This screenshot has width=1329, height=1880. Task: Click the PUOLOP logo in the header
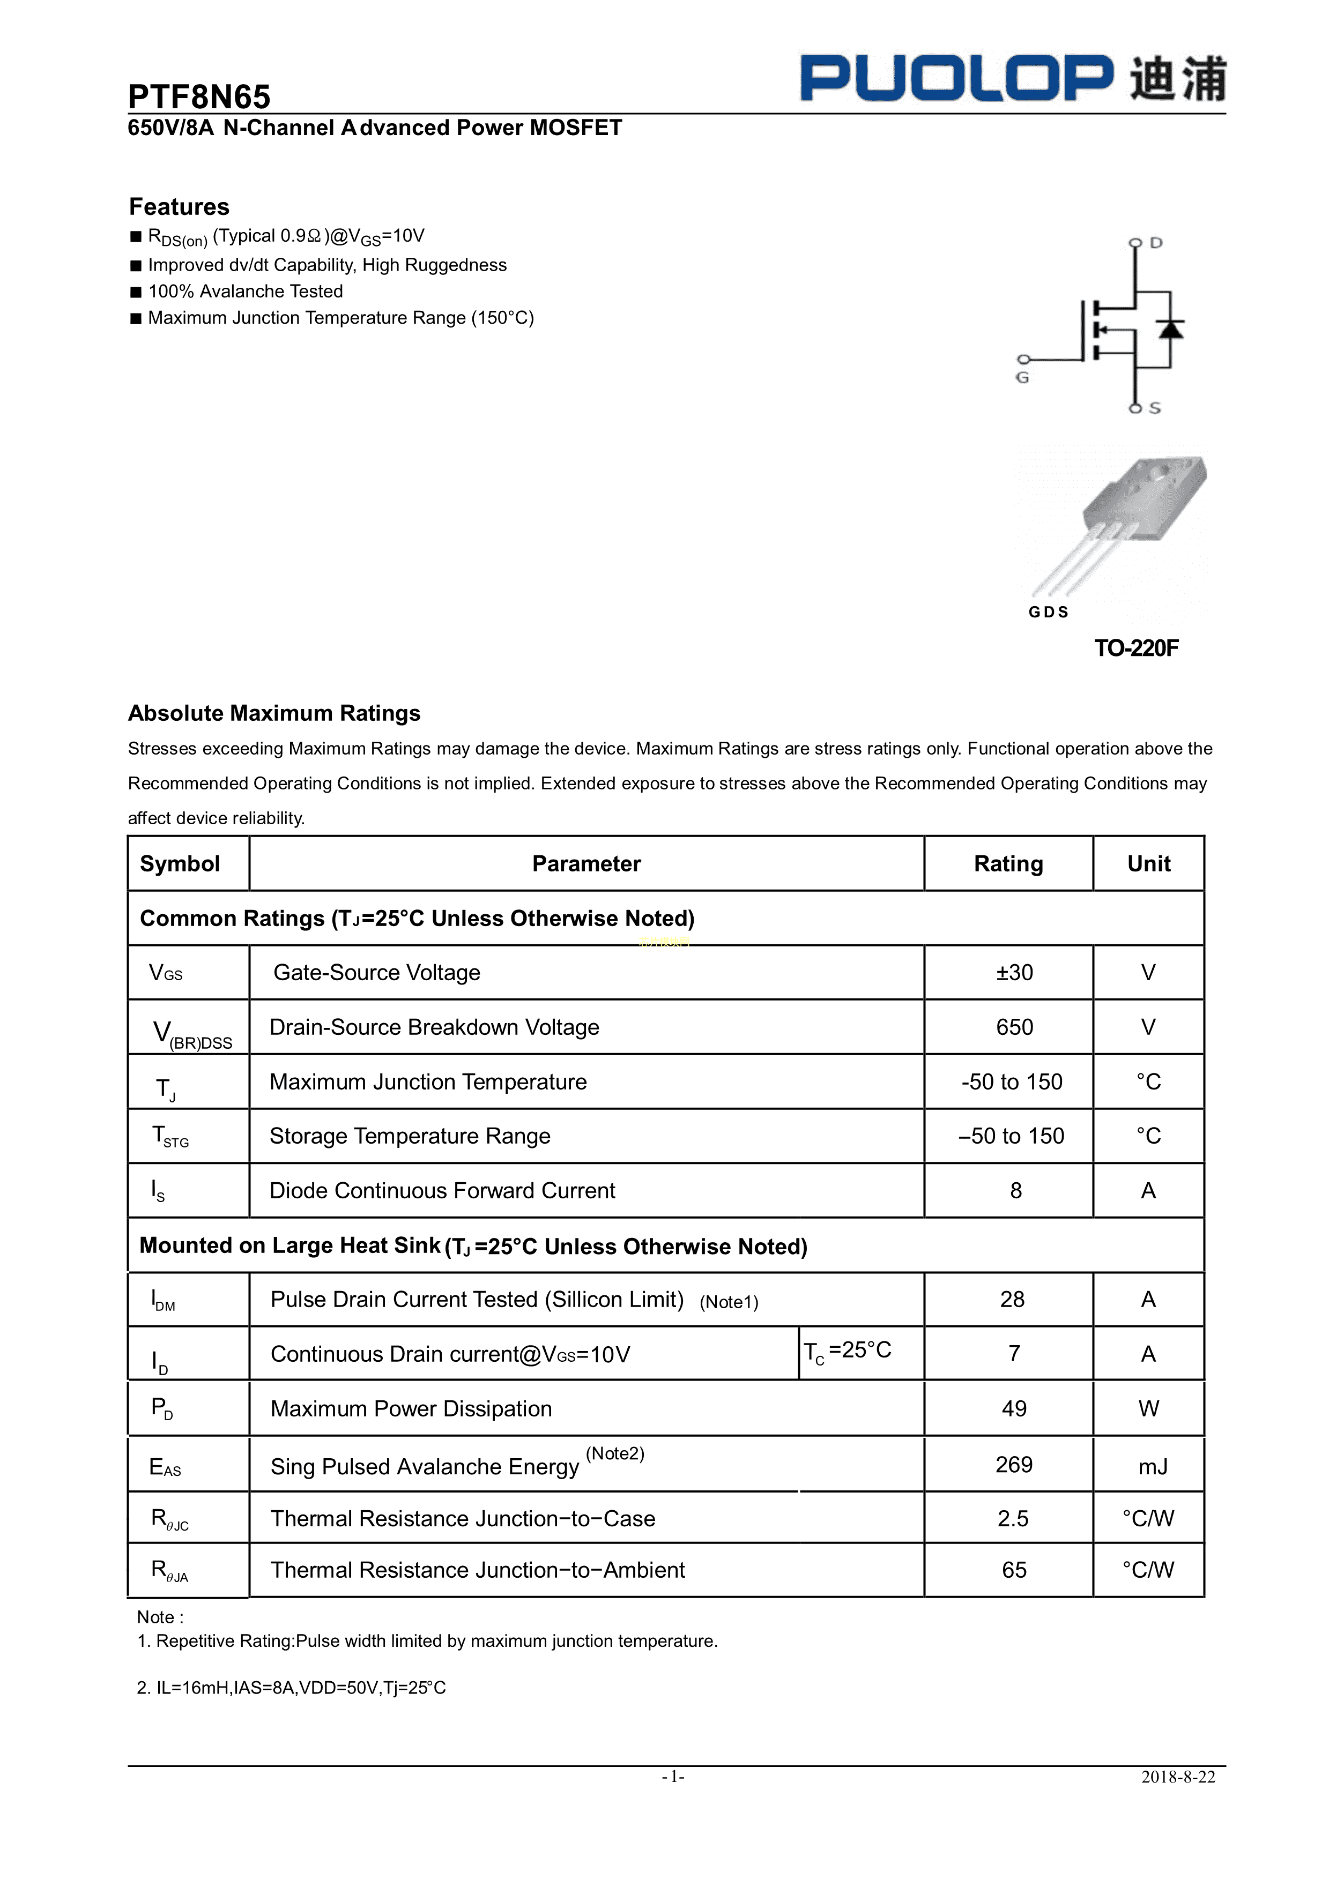(x=1012, y=79)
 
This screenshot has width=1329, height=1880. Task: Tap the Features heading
(x=180, y=206)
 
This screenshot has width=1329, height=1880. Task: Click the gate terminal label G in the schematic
(x=1022, y=377)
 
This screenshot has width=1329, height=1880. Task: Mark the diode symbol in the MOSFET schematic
(x=1171, y=329)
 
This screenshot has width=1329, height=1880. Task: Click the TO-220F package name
(x=1136, y=648)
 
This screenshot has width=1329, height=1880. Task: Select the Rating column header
(x=1008, y=864)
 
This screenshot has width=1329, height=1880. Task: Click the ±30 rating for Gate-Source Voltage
(x=1014, y=973)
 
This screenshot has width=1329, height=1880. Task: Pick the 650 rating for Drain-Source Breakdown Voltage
(x=1014, y=1027)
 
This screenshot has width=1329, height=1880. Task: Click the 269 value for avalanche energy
(x=1014, y=1465)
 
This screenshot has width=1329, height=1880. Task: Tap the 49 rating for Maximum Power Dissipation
(x=1014, y=1409)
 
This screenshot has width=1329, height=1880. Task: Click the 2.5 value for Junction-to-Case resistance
(x=1013, y=1519)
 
